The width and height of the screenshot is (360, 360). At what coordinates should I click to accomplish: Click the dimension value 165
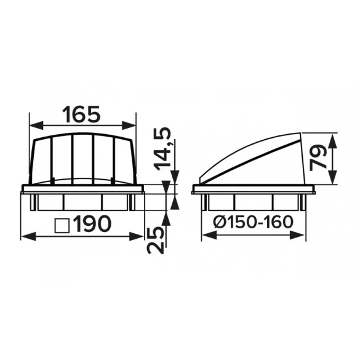81,114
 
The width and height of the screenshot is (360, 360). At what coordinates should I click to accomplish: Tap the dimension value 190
93,224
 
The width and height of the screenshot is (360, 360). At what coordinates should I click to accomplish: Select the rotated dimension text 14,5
162,149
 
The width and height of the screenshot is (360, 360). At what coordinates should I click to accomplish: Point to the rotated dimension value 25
156,240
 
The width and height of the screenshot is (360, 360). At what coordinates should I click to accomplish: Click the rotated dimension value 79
318,158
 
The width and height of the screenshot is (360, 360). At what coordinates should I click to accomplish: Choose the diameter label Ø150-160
254,222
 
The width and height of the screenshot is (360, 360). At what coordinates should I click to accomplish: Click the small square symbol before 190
62,225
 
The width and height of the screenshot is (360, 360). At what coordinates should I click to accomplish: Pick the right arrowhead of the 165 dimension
129,126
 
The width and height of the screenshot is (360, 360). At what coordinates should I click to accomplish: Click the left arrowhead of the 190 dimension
28,236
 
